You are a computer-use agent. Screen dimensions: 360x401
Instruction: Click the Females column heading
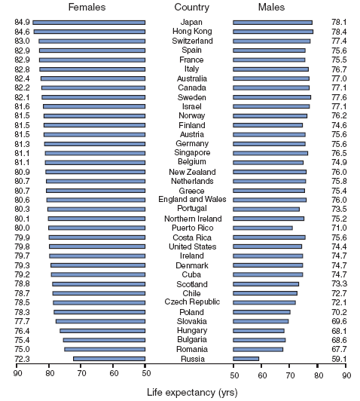coord(87,8)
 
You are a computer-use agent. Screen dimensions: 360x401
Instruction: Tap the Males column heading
coord(271,8)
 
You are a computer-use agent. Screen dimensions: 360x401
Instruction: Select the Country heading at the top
coord(191,8)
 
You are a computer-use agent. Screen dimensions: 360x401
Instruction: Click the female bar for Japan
coord(89,23)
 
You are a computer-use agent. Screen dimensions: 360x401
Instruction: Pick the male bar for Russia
coord(246,359)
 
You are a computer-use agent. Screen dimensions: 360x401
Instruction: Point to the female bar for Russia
coord(109,359)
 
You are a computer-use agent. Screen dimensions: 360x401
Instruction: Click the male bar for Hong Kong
coord(273,32)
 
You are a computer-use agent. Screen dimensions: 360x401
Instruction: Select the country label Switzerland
coord(192,41)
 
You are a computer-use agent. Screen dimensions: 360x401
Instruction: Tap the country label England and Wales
coord(192,199)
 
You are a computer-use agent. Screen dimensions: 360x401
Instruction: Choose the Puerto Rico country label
coord(192,228)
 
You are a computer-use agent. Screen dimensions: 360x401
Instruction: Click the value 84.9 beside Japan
coord(22,23)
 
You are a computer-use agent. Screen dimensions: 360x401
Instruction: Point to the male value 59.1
coord(339,359)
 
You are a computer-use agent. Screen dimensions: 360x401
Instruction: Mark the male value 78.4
coord(339,32)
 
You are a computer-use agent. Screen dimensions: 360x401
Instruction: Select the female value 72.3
coord(22,359)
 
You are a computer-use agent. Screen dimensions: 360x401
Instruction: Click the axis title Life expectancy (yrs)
coord(192,392)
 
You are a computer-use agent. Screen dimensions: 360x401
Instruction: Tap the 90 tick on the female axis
coord(17,374)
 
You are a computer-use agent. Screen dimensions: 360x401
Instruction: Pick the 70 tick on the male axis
coord(290,375)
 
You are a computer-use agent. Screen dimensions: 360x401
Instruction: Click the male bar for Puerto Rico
coord(263,228)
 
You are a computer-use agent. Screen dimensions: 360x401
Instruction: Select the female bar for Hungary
coord(102,331)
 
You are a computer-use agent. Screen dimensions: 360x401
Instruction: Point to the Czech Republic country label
coord(192,302)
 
